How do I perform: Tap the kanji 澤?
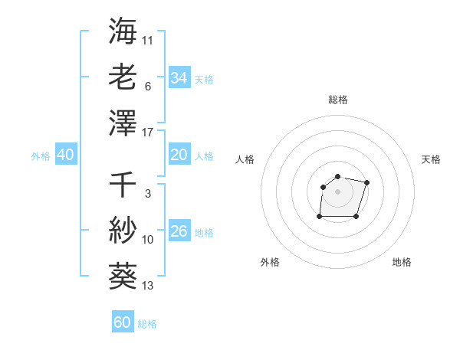click(123, 123)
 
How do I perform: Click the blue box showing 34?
click(179, 77)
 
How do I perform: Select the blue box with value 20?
click(179, 155)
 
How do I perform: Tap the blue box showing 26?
click(179, 231)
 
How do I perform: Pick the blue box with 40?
click(65, 155)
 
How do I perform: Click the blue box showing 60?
click(122, 322)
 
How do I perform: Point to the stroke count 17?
click(148, 133)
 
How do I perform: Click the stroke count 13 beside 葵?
click(148, 286)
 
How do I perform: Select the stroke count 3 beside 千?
click(147, 194)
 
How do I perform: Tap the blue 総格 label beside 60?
click(147, 324)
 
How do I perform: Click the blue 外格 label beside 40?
click(41, 156)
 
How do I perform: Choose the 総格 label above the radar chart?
click(338, 100)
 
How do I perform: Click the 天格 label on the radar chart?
click(431, 159)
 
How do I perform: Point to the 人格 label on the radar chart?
click(245, 159)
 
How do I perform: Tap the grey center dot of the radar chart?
click(338, 191)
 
